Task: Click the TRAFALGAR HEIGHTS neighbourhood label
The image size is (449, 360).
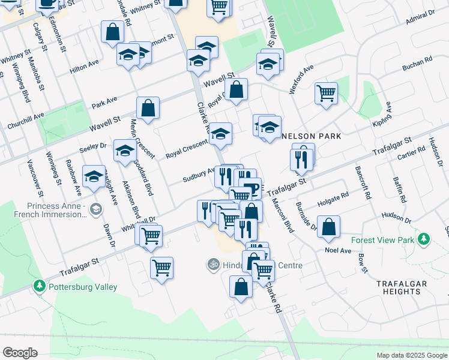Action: [402, 287]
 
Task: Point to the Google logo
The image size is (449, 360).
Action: [20, 353]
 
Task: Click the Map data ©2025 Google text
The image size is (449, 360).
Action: [411, 355]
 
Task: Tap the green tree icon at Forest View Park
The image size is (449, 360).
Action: [424, 240]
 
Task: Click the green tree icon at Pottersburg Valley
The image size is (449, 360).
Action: [40, 285]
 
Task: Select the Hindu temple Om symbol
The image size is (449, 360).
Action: [211, 263]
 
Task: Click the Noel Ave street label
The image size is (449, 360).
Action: [337, 250]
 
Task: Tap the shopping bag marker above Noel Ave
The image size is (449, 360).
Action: [328, 227]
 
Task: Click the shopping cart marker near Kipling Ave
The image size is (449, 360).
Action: [326, 94]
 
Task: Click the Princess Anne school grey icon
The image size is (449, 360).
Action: [97, 209]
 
